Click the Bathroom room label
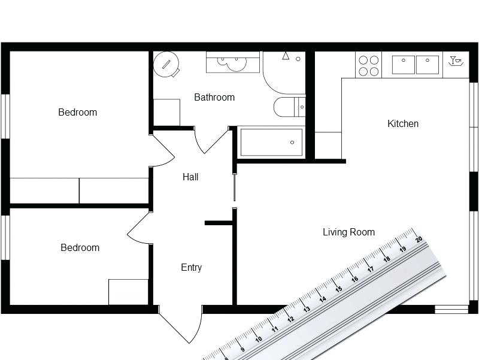[x=214, y=97]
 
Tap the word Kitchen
[x=403, y=124]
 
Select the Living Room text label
[x=348, y=232]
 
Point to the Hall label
[x=190, y=177]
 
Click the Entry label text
[x=191, y=268]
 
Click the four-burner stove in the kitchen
[x=368, y=65]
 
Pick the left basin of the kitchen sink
[x=404, y=64]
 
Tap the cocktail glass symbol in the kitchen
[x=456, y=60]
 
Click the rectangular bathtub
[x=271, y=143]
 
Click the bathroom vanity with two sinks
[x=234, y=62]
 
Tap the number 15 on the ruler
[x=338, y=289]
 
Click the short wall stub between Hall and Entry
[x=218, y=223]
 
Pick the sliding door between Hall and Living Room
[x=234, y=186]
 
